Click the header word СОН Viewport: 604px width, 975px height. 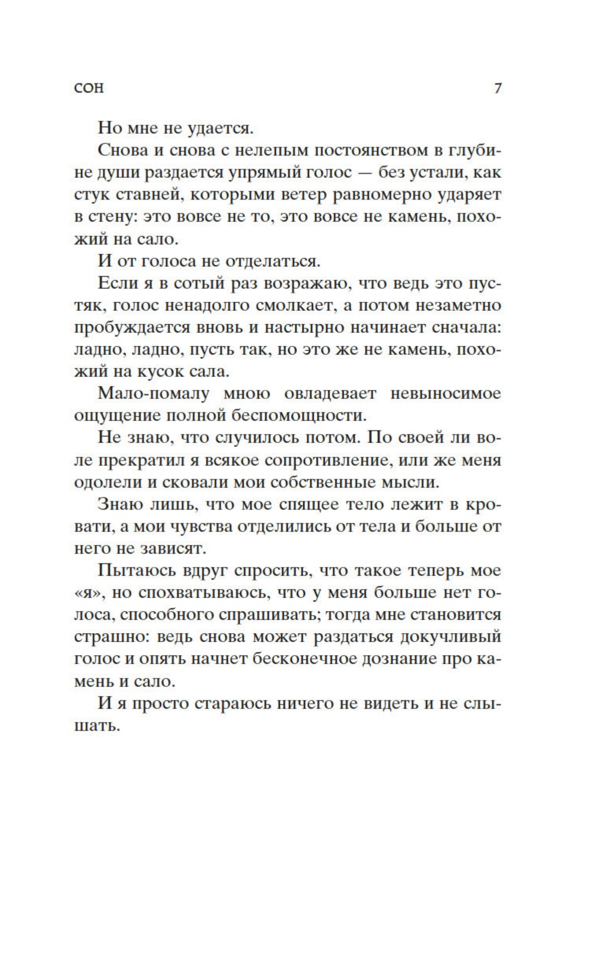[88, 88]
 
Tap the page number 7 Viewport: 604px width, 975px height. [497, 88]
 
